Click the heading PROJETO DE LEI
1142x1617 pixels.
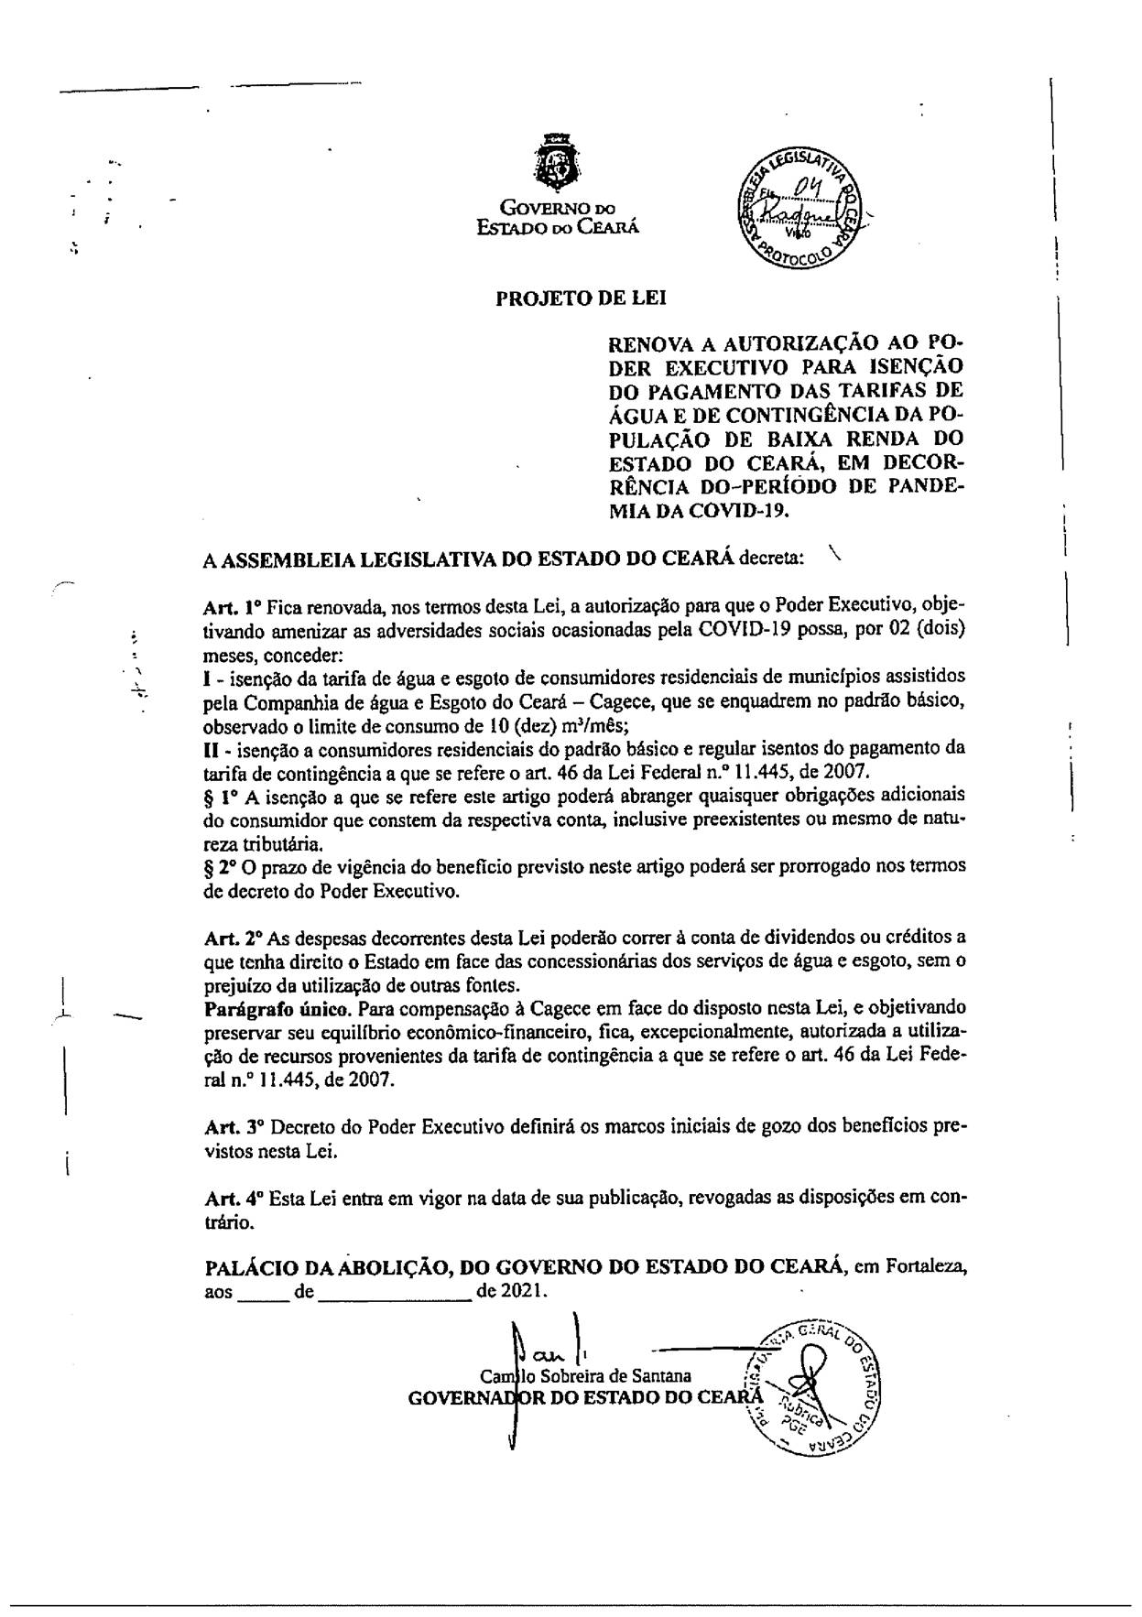[x=581, y=298]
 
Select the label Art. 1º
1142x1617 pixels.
[x=233, y=606]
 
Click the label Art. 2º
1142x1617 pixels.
[x=234, y=937]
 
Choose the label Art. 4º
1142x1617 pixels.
[x=234, y=1197]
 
